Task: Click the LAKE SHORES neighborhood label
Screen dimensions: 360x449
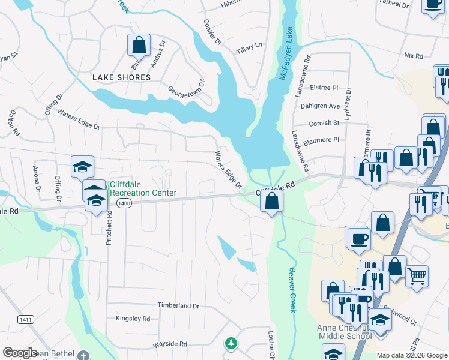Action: click(121, 77)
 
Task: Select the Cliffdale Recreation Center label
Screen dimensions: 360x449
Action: click(143, 189)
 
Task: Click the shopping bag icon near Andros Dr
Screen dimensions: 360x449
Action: click(139, 45)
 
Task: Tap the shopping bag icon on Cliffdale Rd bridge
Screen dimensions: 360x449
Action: click(272, 202)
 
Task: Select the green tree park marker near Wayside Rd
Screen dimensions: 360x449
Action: click(231, 344)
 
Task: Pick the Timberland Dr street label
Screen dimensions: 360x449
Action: click(178, 305)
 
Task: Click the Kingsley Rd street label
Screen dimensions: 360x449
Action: click(133, 319)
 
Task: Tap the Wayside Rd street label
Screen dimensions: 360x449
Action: click(170, 344)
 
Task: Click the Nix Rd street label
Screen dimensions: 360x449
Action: click(414, 55)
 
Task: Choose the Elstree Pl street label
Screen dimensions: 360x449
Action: click(325, 88)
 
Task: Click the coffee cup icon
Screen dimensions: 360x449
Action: click(358, 238)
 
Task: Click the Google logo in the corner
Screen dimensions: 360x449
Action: click(20, 353)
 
